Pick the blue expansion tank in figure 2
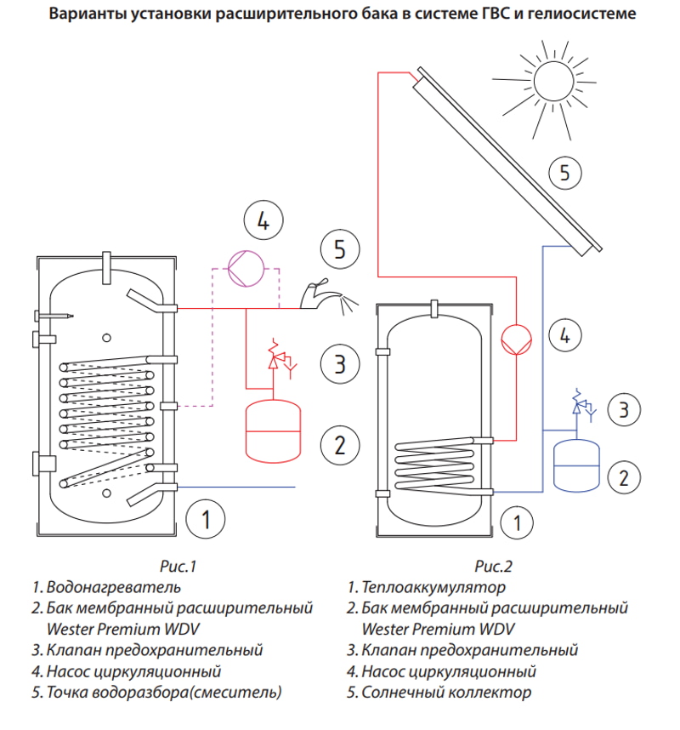[x=577, y=464]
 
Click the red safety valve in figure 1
[x=275, y=357]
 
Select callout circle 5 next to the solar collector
[x=564, y=174]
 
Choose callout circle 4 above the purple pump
[x=263, y=222]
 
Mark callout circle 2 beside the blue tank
[x=625, y=476]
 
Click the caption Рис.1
[x=178, y=566]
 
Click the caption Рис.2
[x=494, y=566]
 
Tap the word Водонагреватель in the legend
[x=114, y=587]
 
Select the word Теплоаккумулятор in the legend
[x=433, y=587]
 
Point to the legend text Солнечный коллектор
[x=446, y=693]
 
